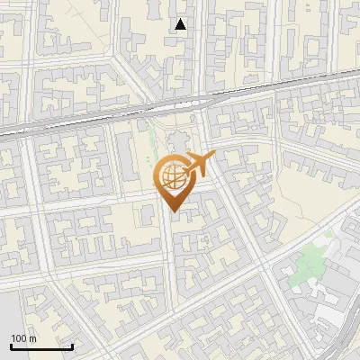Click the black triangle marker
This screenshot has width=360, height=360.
click(181, 24)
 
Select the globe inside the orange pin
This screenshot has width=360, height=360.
click(172, 178)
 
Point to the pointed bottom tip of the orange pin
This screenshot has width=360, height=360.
click(172, 211)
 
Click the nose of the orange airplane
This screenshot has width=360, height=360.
click(213, 157)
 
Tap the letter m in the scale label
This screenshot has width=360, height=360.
click(32, 338)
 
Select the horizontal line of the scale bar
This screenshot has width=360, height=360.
click(41, 346)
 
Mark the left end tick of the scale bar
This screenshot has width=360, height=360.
click(11, 345)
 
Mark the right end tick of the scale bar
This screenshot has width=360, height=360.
click(72, 345)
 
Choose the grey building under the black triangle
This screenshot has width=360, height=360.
click(181, 49)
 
